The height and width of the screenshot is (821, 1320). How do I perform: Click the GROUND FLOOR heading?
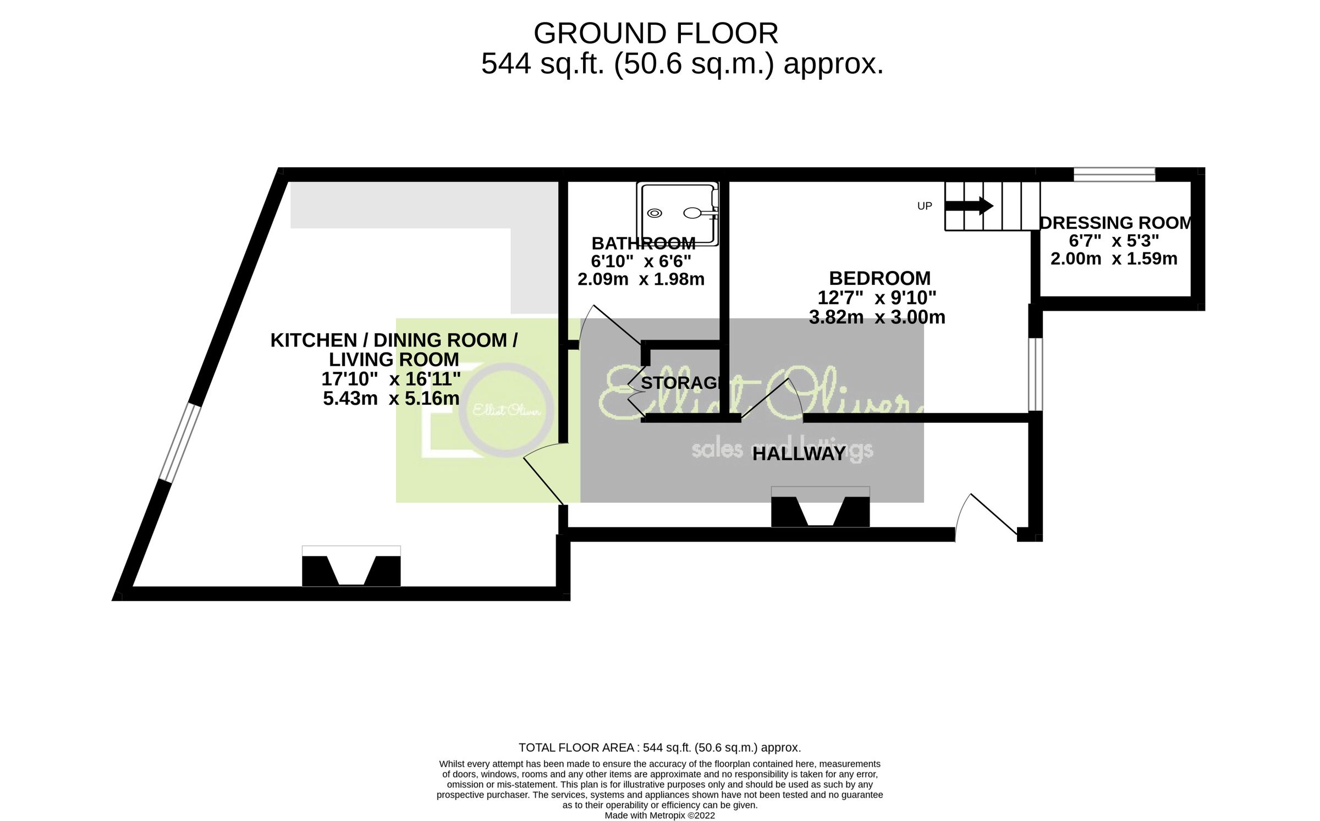point(656,34)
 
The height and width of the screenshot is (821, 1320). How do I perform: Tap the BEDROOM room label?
point(879,278)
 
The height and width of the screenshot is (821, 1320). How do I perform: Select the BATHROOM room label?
point(643,243)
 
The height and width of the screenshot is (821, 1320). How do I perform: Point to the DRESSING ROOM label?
point(1115,223)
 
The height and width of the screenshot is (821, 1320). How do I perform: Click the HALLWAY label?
point(799,454)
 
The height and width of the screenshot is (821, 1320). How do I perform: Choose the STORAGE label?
point(681,383)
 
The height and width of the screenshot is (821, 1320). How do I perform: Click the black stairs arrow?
point(969,206)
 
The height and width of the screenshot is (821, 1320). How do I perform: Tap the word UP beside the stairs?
point(925,206)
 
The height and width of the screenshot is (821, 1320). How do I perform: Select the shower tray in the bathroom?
point(677,213)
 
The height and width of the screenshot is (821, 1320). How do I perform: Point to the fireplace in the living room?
point(351,566)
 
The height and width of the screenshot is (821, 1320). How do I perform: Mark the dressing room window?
point(1114,175)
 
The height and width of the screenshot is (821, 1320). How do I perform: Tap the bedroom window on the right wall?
point(1035,374)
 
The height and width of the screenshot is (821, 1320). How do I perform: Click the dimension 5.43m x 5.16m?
point(391,398)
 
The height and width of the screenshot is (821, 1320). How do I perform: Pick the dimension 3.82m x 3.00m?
point(877,317)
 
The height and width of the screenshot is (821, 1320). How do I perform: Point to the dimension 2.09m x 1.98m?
point(641,279)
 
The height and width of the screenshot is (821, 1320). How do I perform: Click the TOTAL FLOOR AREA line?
point(659,747)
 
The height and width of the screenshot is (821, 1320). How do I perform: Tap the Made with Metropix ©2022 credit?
point(659,816)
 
